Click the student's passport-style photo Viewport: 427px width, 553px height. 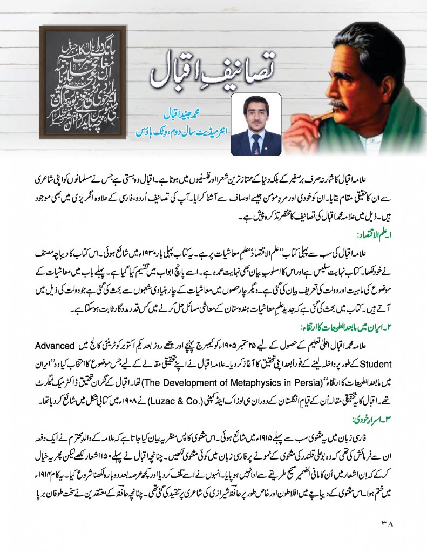tap(256, 124)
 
